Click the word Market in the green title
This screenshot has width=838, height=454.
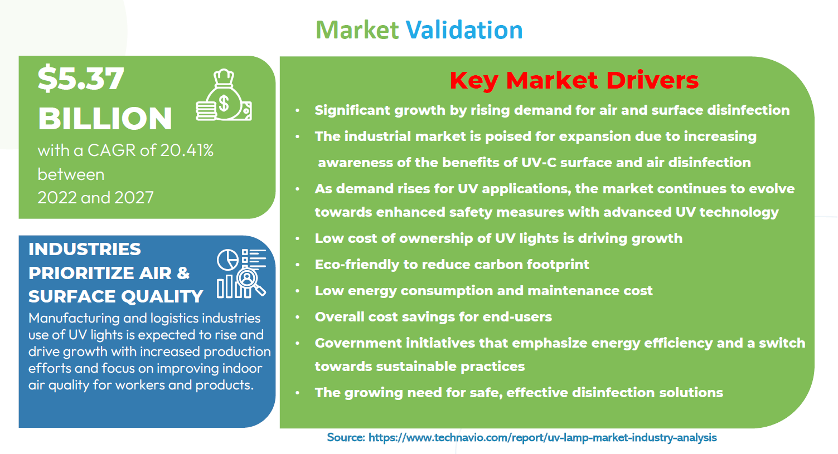click(x=357, y=30)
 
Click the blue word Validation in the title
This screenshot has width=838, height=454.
click(x=464, y=30)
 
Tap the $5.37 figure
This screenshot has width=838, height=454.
click(x=81, y=79)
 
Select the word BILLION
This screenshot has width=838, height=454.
click(x=105, y=119)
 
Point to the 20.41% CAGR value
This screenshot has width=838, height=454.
click(x=187, y=150)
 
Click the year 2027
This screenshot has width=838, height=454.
click(x=134, y=198)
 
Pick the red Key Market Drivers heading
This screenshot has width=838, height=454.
click(x=574, y=80)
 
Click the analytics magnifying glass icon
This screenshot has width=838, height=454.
click(x=241, y=274)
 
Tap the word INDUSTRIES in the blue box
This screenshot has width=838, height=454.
click(x=85, y=249)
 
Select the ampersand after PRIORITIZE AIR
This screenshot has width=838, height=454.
click(x=183, y=273)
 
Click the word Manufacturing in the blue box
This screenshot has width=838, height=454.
click(x=74, y=319)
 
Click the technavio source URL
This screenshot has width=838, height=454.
click(x=542, y=437)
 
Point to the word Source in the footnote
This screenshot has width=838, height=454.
click(x=346, y=437)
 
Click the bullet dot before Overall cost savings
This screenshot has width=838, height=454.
click(x=297, y=317)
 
